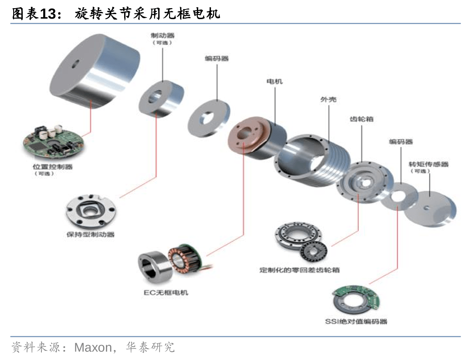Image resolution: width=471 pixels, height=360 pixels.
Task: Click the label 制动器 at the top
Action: click(162, 35)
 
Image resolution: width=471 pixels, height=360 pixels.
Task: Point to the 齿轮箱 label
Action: click(361, 119)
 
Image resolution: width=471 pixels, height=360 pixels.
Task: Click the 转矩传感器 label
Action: click(428, 164)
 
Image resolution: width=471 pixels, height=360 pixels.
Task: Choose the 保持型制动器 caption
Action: click(90, 235)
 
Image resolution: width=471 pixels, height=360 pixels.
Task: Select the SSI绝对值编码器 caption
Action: click(356, 322)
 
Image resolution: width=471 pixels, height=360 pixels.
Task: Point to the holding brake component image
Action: click(91, 212)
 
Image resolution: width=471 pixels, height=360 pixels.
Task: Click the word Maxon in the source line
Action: click(93, 348)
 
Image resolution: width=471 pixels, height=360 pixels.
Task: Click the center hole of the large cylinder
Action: click(75, 63)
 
